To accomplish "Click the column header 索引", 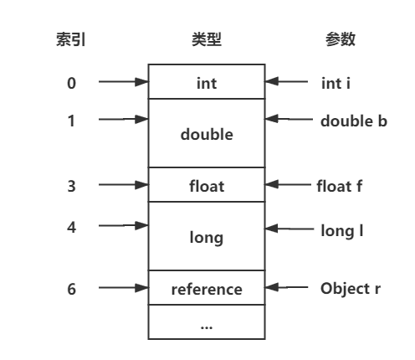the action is (71, 39).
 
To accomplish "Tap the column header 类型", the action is (207, 39).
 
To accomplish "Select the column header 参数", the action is (341, 39).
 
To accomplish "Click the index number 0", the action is (71, 83).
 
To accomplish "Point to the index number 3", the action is (71, 186).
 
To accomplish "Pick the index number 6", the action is (71, 289).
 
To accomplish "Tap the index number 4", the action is (71, 227).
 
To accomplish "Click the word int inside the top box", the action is (207, 84).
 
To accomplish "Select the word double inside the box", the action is (207, 134).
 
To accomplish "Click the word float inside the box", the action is (207, 186).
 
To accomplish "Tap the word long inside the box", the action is (207, 238).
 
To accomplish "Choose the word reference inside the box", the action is (207, 290).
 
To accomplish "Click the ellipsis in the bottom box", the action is (207, 327).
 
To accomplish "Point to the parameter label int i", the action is (336, 84).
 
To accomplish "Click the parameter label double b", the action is (354, 121).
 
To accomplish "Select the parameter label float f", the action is (340, 186).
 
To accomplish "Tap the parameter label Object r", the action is (351, 288).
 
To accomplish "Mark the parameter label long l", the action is (342, 231).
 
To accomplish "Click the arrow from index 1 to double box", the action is (123, 119).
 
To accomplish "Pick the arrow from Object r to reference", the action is (286, 287).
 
